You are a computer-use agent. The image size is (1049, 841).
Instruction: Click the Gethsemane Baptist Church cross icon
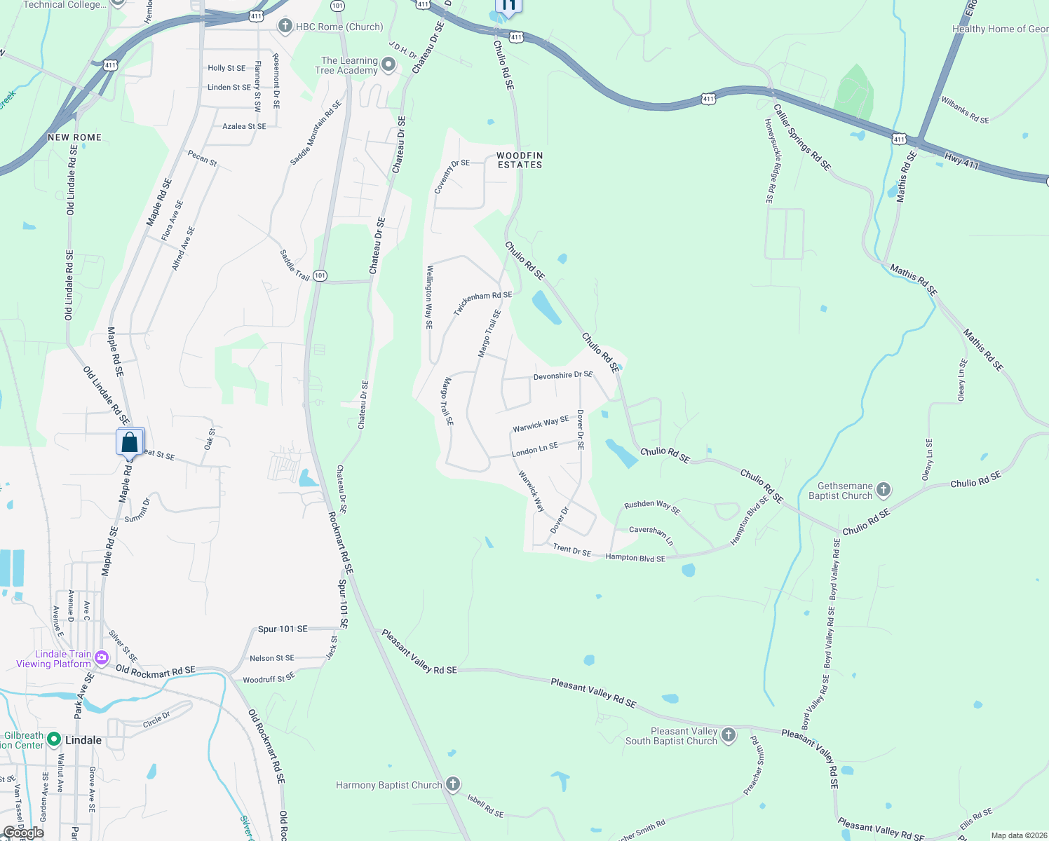pyautogui.click(x=884, y=490)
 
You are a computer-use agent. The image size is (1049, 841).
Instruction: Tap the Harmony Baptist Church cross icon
pyautogui.click(x=453, y=784)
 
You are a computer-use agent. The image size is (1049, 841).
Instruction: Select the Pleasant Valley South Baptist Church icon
pyautogui.click(x=729, y=735)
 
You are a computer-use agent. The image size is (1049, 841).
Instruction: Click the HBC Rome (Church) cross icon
pyautogui.click(x=285, y=27)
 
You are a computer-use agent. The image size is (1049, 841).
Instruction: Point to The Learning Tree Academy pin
pyautogui.click(x=388, y=65)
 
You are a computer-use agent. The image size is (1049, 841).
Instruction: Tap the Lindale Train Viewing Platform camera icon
pyautogui.click(x=102, y=657)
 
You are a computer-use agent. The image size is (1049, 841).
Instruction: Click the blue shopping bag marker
pyautogui.click(x=130, y=443)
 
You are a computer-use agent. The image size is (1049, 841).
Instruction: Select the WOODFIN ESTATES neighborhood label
pyautogui.click(x=520, y=160)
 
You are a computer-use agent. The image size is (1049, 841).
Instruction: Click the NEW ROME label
pyautogui.click(x=75, y=137)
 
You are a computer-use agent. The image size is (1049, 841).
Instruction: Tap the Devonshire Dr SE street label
pyautogui.click(x=562, y=376)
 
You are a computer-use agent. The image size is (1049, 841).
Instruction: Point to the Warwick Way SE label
pyautogui.click(x=541, y=423)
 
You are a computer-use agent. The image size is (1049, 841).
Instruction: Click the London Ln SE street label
pyautogui.click(x=535, y=449)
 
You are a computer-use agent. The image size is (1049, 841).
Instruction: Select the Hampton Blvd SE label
pyautogui.click(x=635, y=558)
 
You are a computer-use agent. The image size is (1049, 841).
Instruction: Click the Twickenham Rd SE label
pyautogui.click(x=483, y=303)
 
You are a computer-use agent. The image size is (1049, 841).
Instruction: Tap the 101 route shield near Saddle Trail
pyautogui.click(x=320, y=275)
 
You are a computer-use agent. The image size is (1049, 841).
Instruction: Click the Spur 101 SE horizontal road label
pyautogui.click(x=283, y=629)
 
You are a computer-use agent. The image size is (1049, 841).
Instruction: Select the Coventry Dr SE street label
pyautogui.click(x=452, y=177)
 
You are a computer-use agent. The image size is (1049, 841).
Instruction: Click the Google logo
pyautogui.click(x=23, y=833)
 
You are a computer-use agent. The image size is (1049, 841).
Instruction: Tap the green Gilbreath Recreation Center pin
pyautogui.click(x=54, y=739)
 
